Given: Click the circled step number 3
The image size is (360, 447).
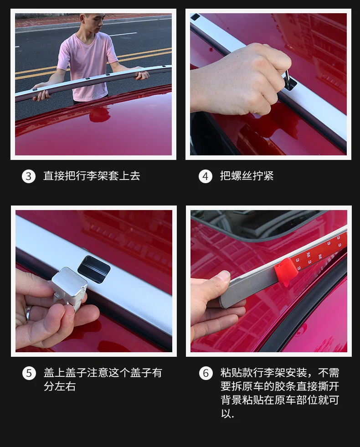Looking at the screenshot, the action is tap(29, 176).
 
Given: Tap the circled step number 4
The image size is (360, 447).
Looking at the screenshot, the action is tap(206, 176).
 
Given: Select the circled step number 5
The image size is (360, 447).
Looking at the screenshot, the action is tap(29, 373).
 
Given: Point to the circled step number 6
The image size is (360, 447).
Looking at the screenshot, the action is tap(206, 373).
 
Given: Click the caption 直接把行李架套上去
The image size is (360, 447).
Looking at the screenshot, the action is tap(92, 175).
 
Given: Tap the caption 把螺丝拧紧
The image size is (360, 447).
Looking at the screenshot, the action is tap(247, 175).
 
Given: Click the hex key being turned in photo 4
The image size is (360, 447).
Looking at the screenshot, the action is tap(288, 77).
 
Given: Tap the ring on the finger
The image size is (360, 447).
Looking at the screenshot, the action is tap(28, 313).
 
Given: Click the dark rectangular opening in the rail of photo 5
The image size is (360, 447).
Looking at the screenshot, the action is tap(94, 269).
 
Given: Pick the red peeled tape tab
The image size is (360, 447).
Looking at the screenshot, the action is tap(283, 272).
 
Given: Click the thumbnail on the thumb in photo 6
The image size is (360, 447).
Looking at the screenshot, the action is tap(223, 277).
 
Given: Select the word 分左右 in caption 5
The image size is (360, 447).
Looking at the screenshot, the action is tap(60, 386).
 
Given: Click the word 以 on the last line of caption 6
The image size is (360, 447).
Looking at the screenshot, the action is tap(226, 413).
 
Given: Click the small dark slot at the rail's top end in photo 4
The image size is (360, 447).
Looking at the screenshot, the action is tap(195, 17).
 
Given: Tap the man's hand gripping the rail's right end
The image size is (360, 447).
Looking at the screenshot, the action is tap(142, 75).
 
